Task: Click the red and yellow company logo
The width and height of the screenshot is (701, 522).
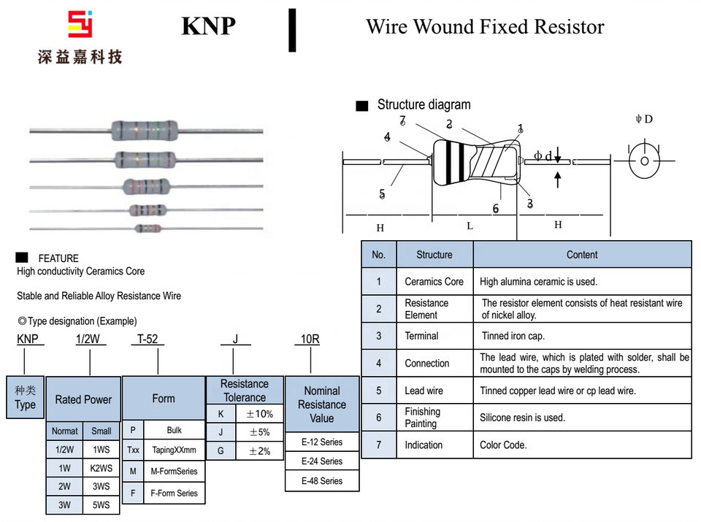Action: pyautogui.click(x=80, y=25)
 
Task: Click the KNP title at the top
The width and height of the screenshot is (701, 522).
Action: pyautogui.click(x=208, y=26)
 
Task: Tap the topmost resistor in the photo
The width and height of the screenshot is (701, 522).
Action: pyautogui.click(x=145, y=130)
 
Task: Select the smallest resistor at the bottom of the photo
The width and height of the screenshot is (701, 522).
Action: pyautogui.click(x=147, y=229)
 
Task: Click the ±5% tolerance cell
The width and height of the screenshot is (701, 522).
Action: pyautogui.click(x=259, y=432)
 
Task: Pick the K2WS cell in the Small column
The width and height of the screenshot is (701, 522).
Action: pyautogui.click(x=101, y=468)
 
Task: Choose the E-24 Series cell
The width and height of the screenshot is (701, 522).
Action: pyautogui.click(x=322, y=461)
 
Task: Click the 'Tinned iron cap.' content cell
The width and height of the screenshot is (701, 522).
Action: pyautogui.click(x=582, y=336)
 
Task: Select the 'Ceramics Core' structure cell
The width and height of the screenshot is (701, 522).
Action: pyautogui.click(x=434, y=282)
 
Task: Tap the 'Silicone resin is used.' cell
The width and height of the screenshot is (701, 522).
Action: pyautogui.click(x=582, y=418)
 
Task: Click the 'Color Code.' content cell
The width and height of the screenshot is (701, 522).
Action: pyautogui.click(x=582, y=445)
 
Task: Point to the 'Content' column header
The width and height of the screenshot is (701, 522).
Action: pyautogui.click(x=582, y=255)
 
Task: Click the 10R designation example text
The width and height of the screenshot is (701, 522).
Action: pyautogui.click(x=310, y=339)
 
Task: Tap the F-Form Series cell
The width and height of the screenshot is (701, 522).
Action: pyautogui.click(x=174, y=493)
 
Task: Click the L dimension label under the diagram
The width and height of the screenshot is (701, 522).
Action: pyautogui.click(x=470, y=226)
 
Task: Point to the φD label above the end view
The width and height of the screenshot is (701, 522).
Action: pyautogui.click(x=643, y=119)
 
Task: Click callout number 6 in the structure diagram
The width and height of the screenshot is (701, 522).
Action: pyautogui.click(x=496, y=209)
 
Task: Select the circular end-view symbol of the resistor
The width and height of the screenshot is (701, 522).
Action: pyautogui.click(x=644, y=161)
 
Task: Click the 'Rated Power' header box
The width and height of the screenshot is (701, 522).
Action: pyautogui.click(x=83, y=399)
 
